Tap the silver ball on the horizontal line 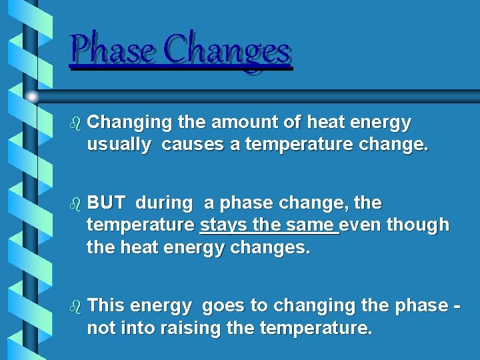pyautogui.click(x=31, y=96)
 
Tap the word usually pyautogui.click(x=119, y=146)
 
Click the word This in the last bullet pyautogui.click(x=106, y=305)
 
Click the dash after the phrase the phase pyautogui.click(x=455, y=307)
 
